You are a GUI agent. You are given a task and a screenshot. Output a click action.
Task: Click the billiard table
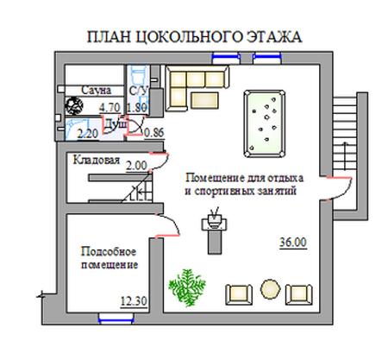click(x=265, y=123)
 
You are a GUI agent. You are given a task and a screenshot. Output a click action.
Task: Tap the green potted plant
click(x=187, y=287)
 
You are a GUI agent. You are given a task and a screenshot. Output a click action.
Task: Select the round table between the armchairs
click(x=270, y=289)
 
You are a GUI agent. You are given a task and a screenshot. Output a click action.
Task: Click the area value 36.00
click(x=293, y=243)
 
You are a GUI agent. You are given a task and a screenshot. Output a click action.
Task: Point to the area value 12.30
click(x=134, y=301)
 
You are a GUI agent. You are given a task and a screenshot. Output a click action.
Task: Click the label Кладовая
click(x=97, y=160)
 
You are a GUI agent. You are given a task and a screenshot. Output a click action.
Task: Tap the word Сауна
click(x=96, y=90)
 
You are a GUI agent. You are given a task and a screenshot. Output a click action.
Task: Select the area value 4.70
click(x=110, y=108)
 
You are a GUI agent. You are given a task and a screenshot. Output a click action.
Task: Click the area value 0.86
click(x=153, y=133)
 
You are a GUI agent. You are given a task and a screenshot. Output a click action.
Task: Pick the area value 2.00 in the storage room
click(x=136, y=166)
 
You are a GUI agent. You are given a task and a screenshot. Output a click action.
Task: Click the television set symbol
click(x=214, y=221)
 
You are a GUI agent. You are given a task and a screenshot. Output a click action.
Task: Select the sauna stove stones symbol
click(x=74, y=105)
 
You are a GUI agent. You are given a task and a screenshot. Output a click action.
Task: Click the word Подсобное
click(x=109, y=252)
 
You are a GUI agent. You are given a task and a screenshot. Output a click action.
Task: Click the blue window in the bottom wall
click(x=116, y=319)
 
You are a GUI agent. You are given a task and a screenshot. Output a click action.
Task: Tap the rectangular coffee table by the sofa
click(x=204, y=100)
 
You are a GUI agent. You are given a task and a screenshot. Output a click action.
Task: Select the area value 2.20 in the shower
click(x=88, y=134)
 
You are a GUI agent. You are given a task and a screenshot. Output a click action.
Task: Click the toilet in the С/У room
click(x=136, y=76)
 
